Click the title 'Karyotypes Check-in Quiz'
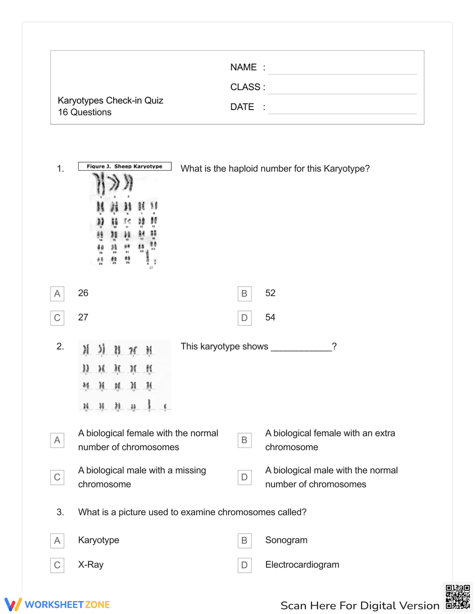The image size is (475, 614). click(x=110, y=101)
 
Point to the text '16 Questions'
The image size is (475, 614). click(x=85, y=112)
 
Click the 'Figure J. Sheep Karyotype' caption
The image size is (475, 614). click(x=124, y=167)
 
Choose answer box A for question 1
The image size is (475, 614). click(x=57, y=294)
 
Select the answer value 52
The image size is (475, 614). click(x=270, y=293)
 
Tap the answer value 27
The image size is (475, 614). click(x=83, y=317)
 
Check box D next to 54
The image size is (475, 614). click(x=244, y=318)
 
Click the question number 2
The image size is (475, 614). click(x=60, y=346)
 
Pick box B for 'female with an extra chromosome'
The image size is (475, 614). click(x=244, y=440)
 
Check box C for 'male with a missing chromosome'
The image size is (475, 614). click(x=57, y=477)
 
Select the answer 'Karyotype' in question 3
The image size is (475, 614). click(x=99, y=540)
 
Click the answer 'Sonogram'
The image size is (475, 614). click(x=286, y=540)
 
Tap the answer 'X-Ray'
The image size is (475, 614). click(x=91, y=565)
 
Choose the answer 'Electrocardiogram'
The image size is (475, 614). click(x=302, y=565)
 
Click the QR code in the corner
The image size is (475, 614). click(x=457, y=597)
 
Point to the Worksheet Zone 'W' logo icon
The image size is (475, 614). click(x=13, y=604)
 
